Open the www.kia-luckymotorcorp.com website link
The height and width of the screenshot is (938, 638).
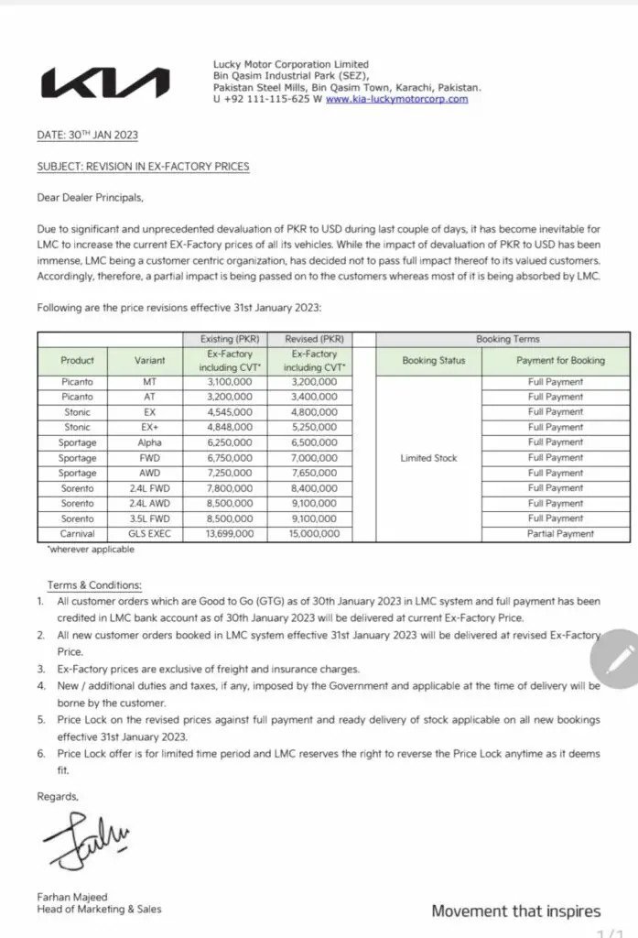click(396, 99)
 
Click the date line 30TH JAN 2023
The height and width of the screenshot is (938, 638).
click(88, 135)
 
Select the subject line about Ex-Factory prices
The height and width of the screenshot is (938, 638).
click(143, 167)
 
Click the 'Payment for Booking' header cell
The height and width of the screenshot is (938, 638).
click(560, 360)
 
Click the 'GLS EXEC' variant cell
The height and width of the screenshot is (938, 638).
click(149, 533)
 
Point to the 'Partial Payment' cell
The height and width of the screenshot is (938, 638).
click(560, 533)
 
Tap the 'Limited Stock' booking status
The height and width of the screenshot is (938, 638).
click(428, 457)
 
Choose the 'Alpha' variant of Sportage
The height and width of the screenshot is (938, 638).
click(149, 442)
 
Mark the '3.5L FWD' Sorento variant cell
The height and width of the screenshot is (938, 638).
click(149, 518)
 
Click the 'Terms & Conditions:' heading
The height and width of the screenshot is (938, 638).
click(95, 584)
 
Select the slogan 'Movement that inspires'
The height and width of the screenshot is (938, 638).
click(516, 911)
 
